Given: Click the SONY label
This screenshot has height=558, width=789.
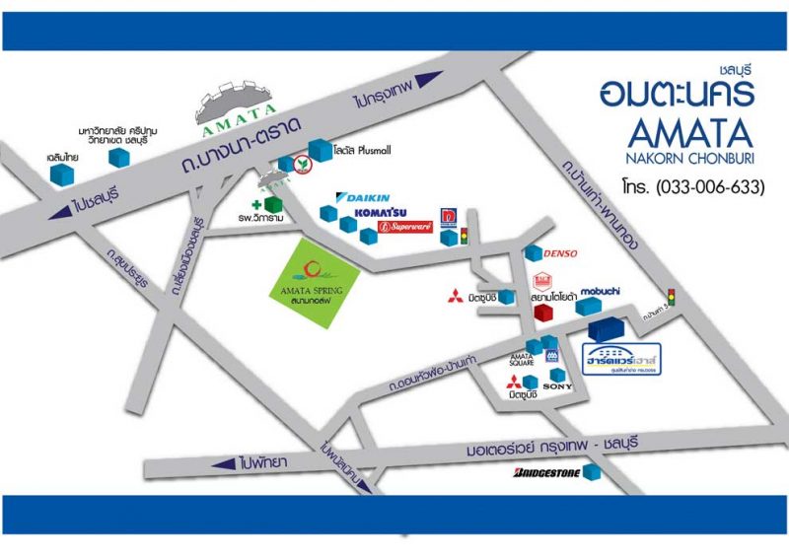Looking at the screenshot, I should (557, 386).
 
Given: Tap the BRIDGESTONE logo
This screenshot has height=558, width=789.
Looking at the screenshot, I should (545, 474).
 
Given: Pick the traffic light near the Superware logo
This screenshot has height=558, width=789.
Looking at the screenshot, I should (466, 235).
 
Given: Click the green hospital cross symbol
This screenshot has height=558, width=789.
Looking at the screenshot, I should (256, 204).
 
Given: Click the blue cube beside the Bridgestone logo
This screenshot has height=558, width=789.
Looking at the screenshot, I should (592, 473).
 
